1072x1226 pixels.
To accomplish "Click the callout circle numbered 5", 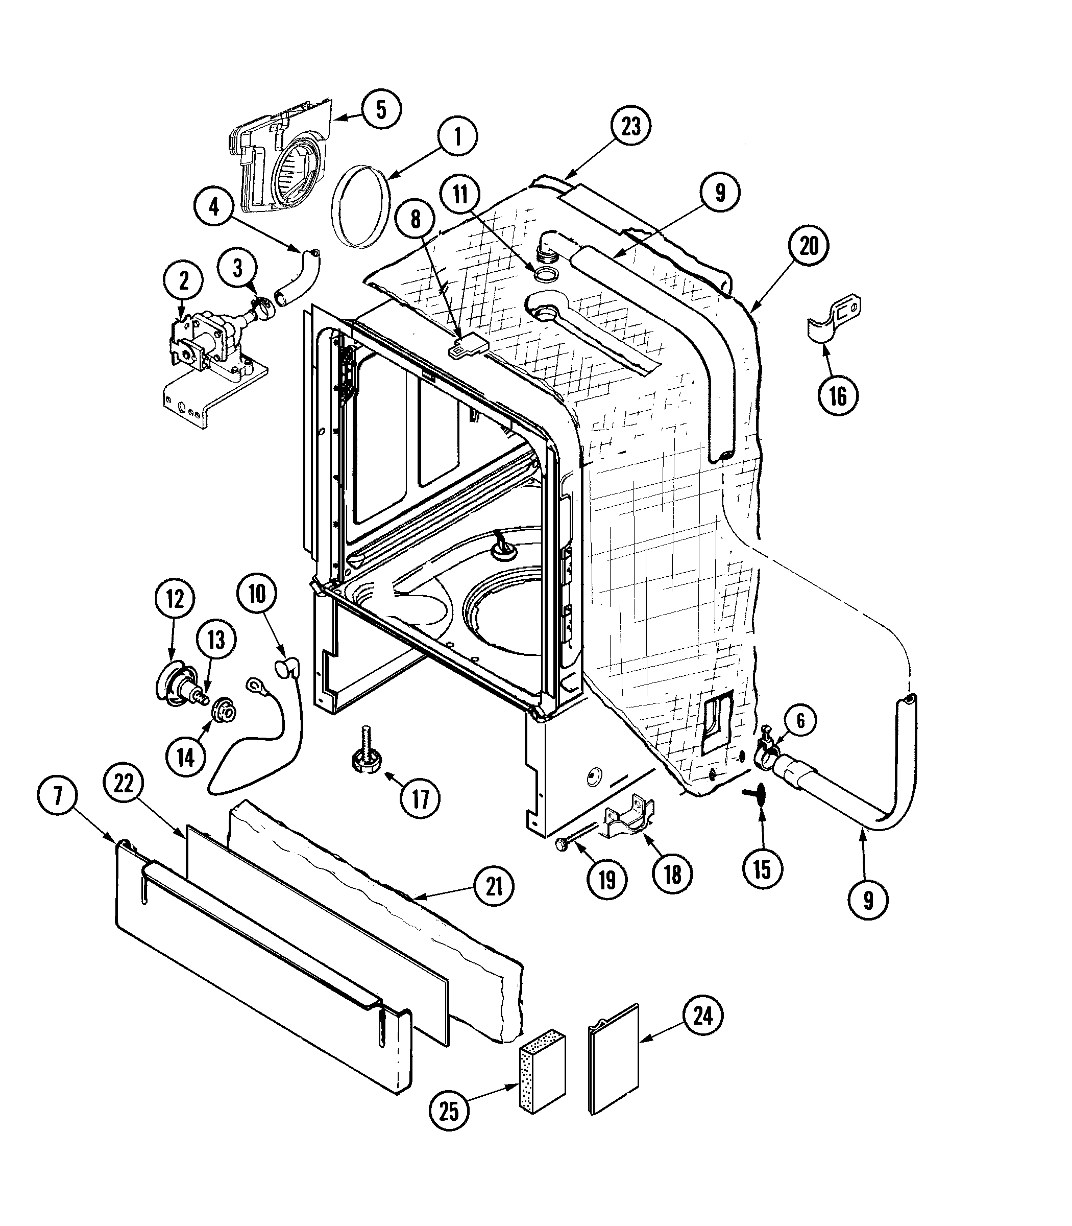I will coord(380,109).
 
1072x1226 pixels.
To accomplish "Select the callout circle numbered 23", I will coord(630,126).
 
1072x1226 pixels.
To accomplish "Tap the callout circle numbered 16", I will coord(838,396).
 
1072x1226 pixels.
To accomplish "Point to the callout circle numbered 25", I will coord(449,1111).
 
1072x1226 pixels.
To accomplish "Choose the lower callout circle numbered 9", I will coord(868,900).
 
